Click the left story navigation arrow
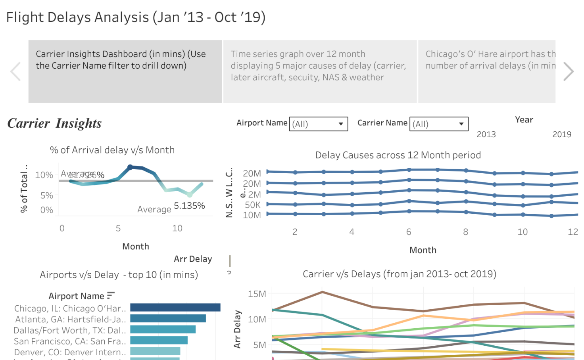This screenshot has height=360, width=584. click(x=15, y=72)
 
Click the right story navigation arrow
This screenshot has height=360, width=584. click(x=569, y=72)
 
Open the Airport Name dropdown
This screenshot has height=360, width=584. click(x=318, y=124)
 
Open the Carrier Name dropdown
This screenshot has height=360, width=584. click(x=439, y=124)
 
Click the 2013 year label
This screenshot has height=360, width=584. click(x=486, y=134)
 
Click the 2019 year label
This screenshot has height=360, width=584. click(x=561, y=134)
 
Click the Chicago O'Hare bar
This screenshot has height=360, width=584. click(x=175, y=308)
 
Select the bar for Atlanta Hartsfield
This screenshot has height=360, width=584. click(x=168, y=318)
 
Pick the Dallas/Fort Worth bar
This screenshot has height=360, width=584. click(x=163, y=329)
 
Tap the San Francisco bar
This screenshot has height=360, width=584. click(x=159, y=340)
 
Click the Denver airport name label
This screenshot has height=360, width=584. click(x=70, y=352)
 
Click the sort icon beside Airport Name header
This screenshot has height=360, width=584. click(x=111, y=295)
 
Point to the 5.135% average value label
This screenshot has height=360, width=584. click(x=189, y=206)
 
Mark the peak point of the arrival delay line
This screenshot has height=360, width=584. click(x=130, y=167)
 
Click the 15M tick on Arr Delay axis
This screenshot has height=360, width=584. click(x=257, y=294)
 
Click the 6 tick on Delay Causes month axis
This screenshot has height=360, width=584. click(x=409, y=232)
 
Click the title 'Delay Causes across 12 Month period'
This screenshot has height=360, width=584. click(x=398, y=155)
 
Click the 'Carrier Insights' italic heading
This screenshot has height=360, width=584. click(x=54, y=123)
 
